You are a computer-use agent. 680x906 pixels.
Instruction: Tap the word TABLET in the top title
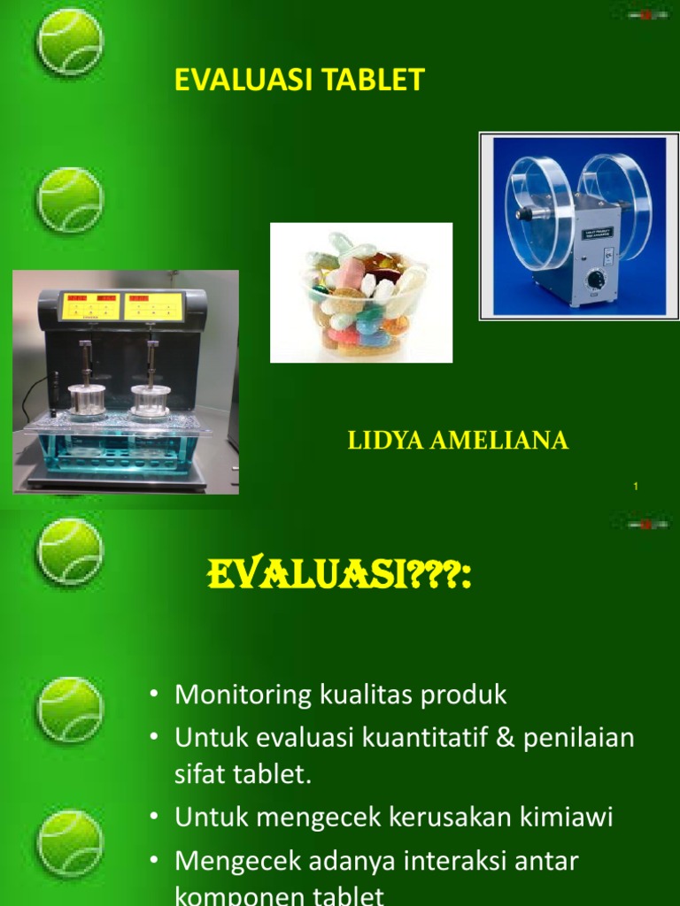pos(380,81)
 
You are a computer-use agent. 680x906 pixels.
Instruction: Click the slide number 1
pos(637,487)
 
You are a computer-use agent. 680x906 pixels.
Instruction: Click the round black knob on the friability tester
pos(596,280)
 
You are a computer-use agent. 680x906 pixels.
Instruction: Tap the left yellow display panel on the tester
pos(91,306)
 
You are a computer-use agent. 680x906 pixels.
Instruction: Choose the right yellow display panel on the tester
pos(154,306)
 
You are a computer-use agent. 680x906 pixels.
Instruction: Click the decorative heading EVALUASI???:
pos(339,579)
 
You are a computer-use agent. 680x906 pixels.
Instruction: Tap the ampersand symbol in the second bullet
pos(505,737)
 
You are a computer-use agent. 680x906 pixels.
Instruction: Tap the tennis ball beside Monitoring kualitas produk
pos(70,709)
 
